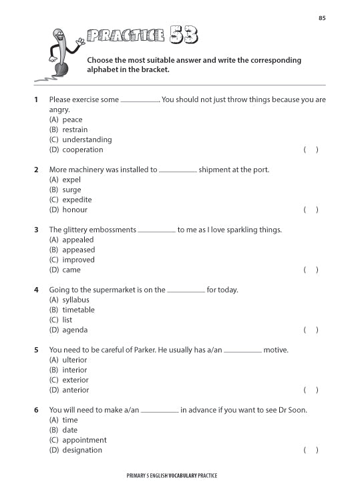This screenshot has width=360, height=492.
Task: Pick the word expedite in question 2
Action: coord(77,200)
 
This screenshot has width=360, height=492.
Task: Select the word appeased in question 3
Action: coord(79,250)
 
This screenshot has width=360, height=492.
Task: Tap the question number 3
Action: coord(36,230)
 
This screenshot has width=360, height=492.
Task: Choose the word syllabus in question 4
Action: coord(75,300)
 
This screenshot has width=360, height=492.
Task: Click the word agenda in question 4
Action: coord(75,330)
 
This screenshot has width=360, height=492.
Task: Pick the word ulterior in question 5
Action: coord(75,360)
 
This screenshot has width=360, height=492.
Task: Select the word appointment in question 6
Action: coord(84,440)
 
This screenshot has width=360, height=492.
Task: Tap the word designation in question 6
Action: coord(82,450)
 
